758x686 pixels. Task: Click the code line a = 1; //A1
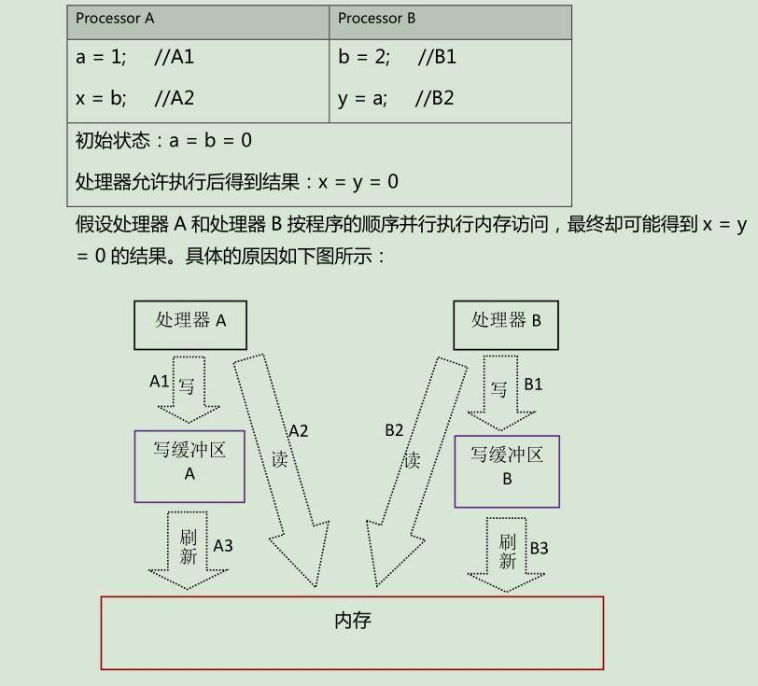click(134, 57)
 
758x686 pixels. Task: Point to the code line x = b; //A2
click(134, 98)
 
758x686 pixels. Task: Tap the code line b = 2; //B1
click(397, 57)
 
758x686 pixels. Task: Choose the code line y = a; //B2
click(396, 98)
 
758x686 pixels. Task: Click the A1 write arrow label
click(160, 382)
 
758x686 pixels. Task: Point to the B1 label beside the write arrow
click(533, 384)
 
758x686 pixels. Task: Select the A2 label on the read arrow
click(298, 431)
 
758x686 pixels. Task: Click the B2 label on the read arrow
click(394, 430)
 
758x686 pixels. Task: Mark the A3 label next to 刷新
click(223, 546)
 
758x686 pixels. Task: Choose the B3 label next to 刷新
click(539, 548)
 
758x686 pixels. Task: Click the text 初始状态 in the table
click(111, 141)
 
